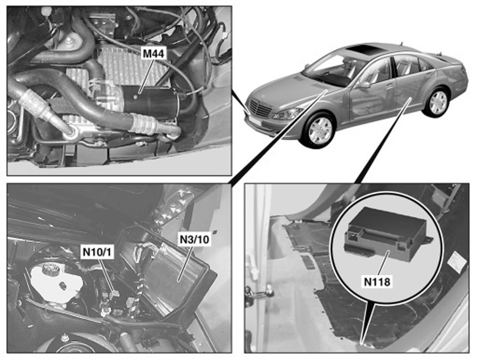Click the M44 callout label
pos(154,54)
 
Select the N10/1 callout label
pos(97,252)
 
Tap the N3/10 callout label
pos(194,239)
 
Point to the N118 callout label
pos(377,281)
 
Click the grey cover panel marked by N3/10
pos(175,274)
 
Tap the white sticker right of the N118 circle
pos(456,260)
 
